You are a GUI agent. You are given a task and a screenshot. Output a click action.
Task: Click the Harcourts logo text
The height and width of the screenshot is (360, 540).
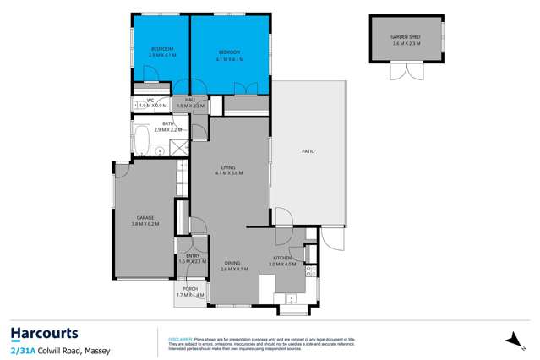tap(44, 332)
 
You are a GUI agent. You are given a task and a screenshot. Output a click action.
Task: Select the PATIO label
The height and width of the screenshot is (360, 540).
tap(308, 151)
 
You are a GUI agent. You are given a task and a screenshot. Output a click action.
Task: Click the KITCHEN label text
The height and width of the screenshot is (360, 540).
tap(282, 258)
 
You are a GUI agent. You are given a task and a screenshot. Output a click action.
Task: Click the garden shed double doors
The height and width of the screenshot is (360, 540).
tap(399, 74)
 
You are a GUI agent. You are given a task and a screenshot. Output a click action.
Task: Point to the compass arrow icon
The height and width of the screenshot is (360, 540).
tap(510, 340)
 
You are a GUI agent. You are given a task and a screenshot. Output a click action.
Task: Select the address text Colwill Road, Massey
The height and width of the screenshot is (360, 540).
tap(64, 349)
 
